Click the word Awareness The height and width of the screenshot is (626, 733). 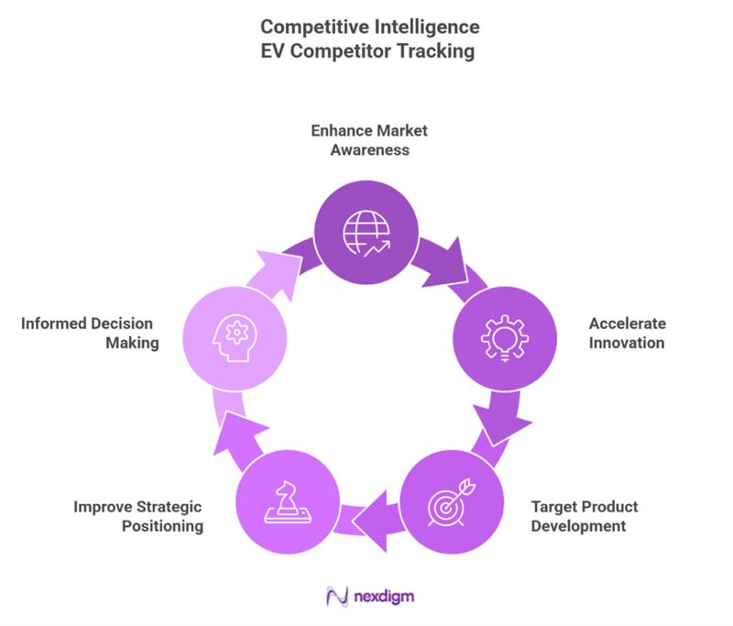pos(367,149)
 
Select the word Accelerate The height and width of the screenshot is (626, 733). pos(627,324)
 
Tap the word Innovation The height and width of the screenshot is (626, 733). pos(626,344)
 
